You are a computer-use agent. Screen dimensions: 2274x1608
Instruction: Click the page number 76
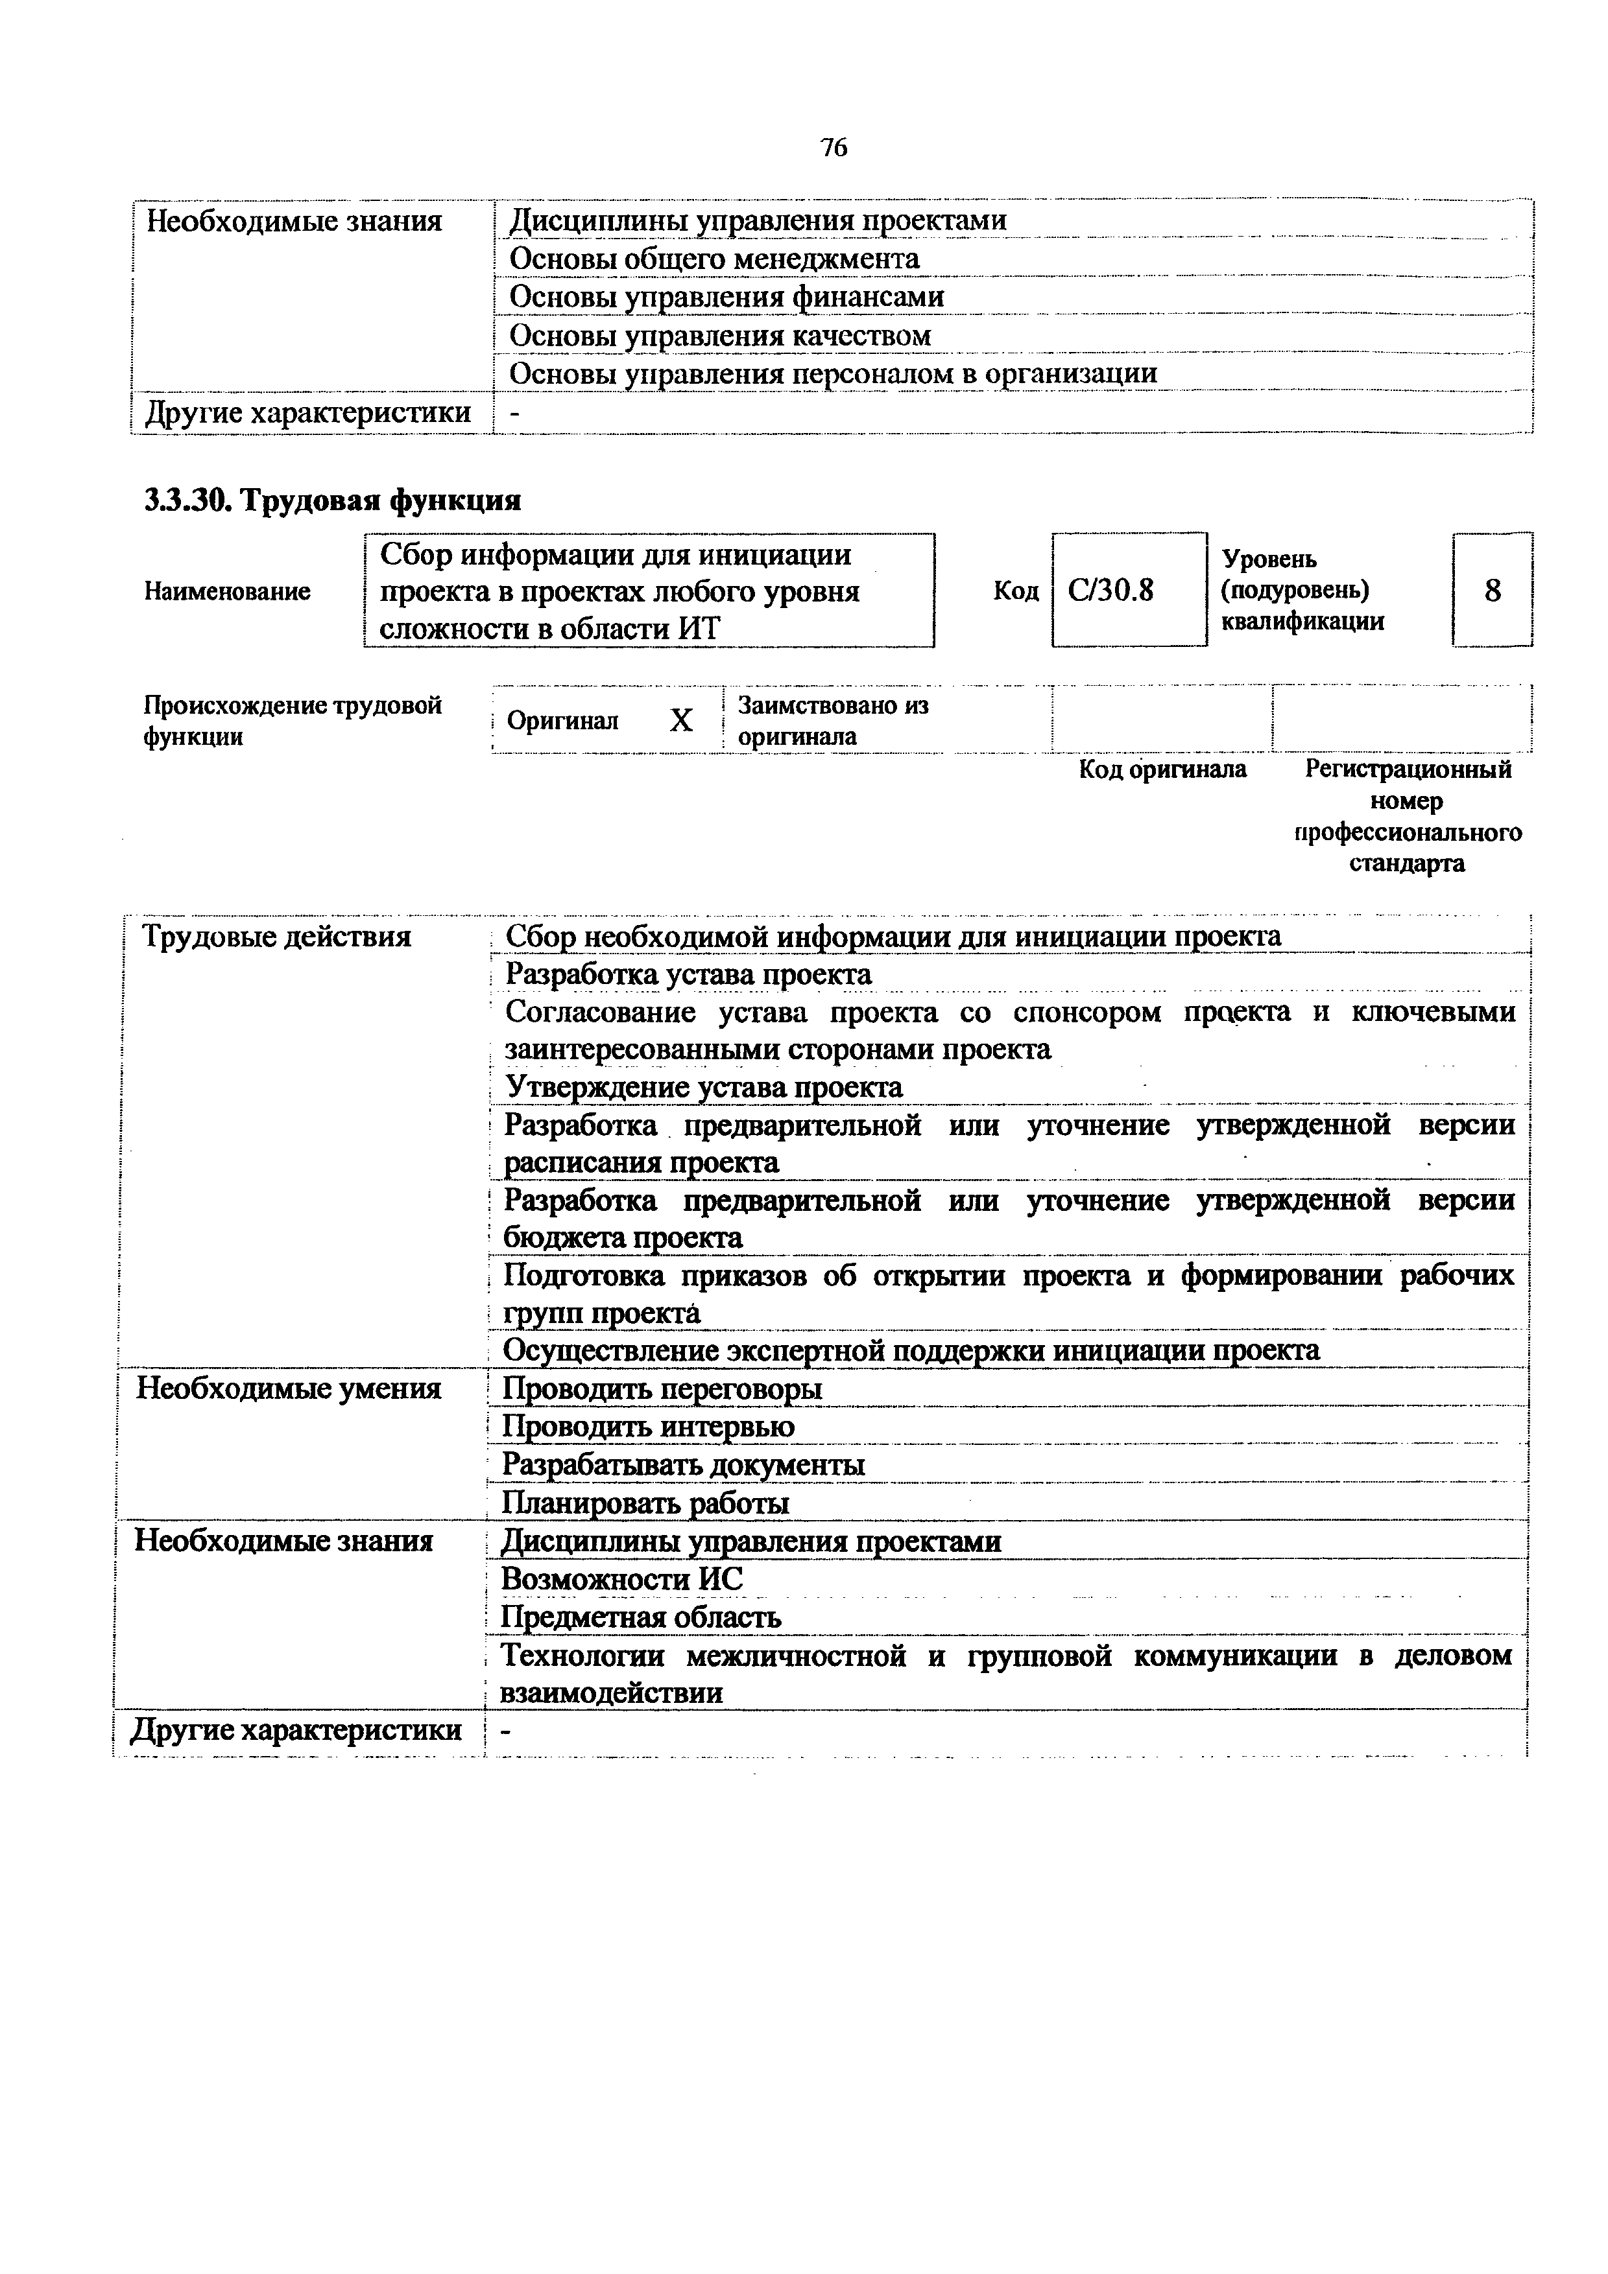click(x=834, y=148)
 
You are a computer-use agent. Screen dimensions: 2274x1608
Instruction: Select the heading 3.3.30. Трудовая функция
click(x=333, y=500)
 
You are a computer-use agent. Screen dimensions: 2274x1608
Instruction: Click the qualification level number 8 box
click(x=1492, y=591)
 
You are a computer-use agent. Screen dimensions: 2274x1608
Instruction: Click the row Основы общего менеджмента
click(x=714, y=259)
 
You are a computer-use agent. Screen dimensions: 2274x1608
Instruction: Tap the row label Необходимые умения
click(x=288, y=1389)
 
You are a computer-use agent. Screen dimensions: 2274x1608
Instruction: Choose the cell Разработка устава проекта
click(x=689, y=974)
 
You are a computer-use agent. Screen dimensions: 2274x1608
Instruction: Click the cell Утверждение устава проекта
click(x=703, y=1088)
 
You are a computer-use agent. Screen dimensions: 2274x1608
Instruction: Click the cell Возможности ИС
click(x=621, y=1578)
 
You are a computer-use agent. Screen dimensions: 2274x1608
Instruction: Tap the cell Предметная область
click(x=641, y=1617)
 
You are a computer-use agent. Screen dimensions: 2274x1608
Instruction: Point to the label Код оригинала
click(x=1162, y=769)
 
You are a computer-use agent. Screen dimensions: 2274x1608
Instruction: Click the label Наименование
click(x=227, y=591)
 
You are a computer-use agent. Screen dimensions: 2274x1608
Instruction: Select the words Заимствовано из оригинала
click(x=832, y=721)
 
